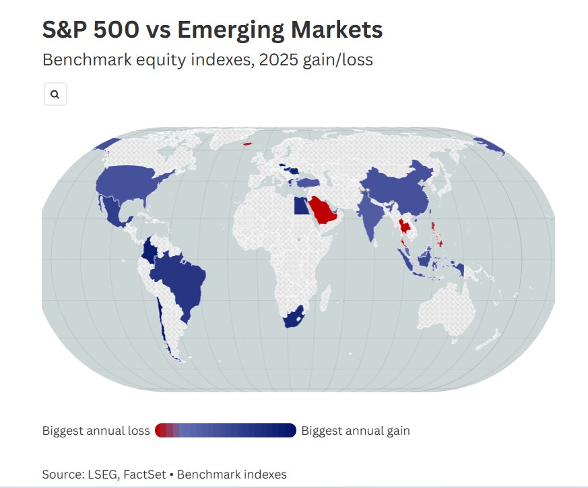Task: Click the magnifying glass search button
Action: pyautogui.click(x=55, y=95)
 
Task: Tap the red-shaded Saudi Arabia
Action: pyautogui.click(x=324, y=211)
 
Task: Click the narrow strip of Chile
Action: pyautogui.click(x=162, y=324)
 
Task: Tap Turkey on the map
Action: pyautogui.click(x=308, y=182)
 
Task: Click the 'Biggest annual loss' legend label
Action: pyautogui.click(x=96, y=431)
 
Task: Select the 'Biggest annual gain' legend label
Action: pyautogui.click(x=356, y=431)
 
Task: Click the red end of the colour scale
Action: pyautogui.click(x=160, y=431)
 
